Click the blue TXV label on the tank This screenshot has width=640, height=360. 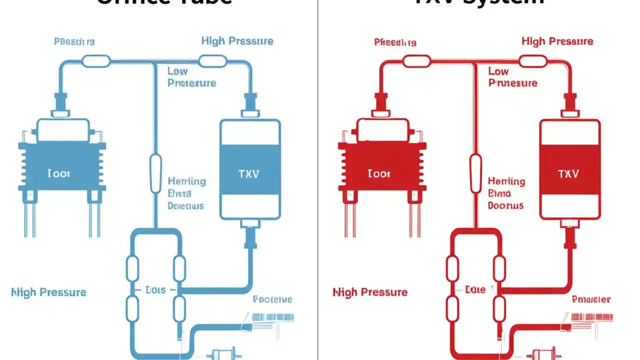click(x=249, y=174)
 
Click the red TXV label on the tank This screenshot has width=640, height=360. click(x=568, y=174)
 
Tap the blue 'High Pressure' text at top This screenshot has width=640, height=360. click(x=237, y=41)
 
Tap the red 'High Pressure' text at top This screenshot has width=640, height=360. click(x=557, y=41)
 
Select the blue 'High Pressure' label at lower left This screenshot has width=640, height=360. click(x=48, y=292)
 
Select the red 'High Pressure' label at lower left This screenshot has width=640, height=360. click(x=370, y=292)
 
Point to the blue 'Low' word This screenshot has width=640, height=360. click(x=178, y=71)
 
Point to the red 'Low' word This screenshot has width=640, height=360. click(x=498, y=71)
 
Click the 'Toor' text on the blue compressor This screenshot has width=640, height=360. click(x=58, y=174)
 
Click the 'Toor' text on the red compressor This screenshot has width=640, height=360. click(x=378, y=174)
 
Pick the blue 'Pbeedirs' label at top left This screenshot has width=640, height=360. click(x=74, y=42)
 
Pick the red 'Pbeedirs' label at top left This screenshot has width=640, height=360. click(x=395, y=42)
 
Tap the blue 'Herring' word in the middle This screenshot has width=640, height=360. click(x=186, y=181)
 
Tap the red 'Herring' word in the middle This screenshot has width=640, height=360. click(x=506, y=181)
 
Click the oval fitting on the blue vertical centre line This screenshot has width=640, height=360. click(x=156, y=173)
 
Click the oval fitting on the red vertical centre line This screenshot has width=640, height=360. click(x=475, y=173)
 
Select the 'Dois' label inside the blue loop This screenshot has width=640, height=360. click(x=155, y=290)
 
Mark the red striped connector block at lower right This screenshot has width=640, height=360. click(x=592, y=317)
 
